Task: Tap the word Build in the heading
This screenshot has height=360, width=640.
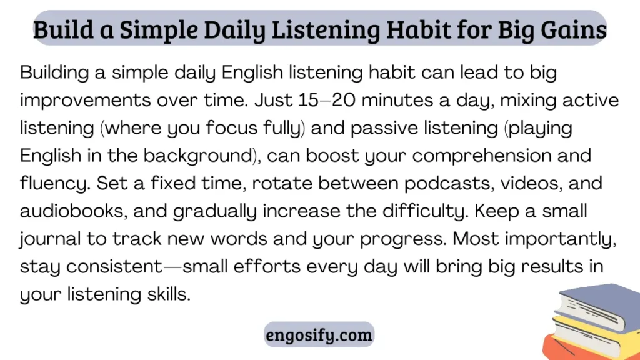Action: pyautogui.click(x=63, y=30)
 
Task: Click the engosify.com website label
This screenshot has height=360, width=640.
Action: pyautogui.click(x=319, y=335)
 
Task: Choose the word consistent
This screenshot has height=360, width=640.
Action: pyautogui.click(x=114, y=267)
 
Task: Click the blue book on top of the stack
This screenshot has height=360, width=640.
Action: pyautogui.click(x=598, y=304)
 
